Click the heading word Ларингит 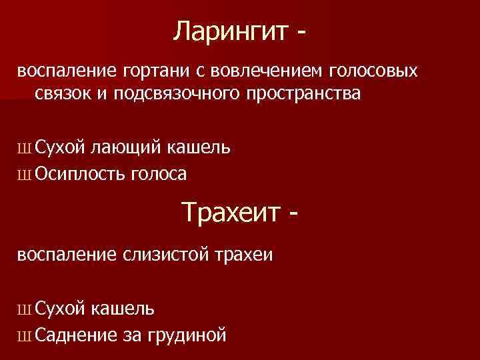click(x=227, y=31)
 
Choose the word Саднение click(x=75, y=334)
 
